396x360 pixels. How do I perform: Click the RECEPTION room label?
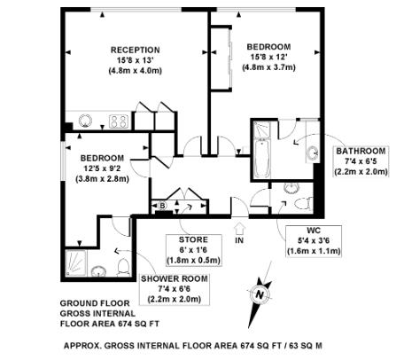[x=135, y=49]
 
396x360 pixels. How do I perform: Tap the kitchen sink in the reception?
[x=86, y=121]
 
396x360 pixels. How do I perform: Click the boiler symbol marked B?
[x=163, y=206]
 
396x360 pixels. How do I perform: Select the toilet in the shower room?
[x=124, y=266]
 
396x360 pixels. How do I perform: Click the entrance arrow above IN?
[x=238, y=224]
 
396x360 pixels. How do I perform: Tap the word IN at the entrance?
[x=238, y=239]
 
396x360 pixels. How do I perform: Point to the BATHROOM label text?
[x=361, y=151]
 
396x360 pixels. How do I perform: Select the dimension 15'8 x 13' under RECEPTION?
[x=135, y=59]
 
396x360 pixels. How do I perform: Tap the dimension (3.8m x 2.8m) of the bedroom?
[x=106, y=178]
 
